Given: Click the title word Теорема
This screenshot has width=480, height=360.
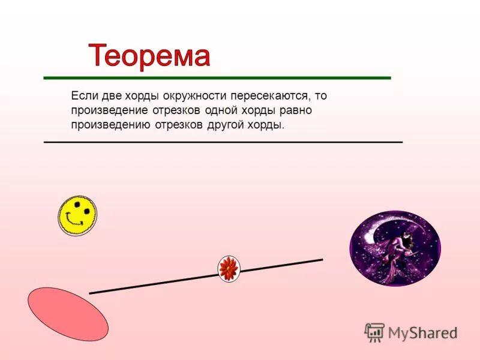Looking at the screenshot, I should (x=150, y=56).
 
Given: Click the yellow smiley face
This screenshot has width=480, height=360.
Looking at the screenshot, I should (x=77, y=214).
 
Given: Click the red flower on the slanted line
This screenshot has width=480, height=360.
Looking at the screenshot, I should (x=229, y=268).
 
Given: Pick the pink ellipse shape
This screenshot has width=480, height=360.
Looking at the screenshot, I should (x=68, y=314).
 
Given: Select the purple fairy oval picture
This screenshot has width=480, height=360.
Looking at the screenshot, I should (x=395, y=248).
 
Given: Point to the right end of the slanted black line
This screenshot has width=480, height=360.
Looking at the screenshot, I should (x=322, y=260).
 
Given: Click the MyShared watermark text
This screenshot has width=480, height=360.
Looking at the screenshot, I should (x=422, y=333).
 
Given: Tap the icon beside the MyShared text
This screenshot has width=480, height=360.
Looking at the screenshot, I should (x=374, y=332).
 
